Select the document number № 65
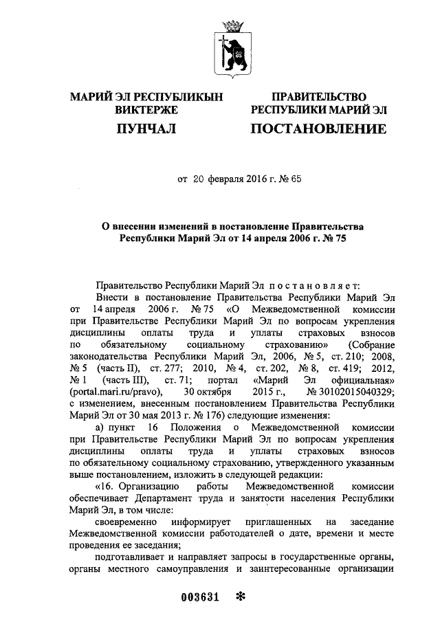click(x=291, y=179)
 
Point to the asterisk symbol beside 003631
click(x=240, y=596)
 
